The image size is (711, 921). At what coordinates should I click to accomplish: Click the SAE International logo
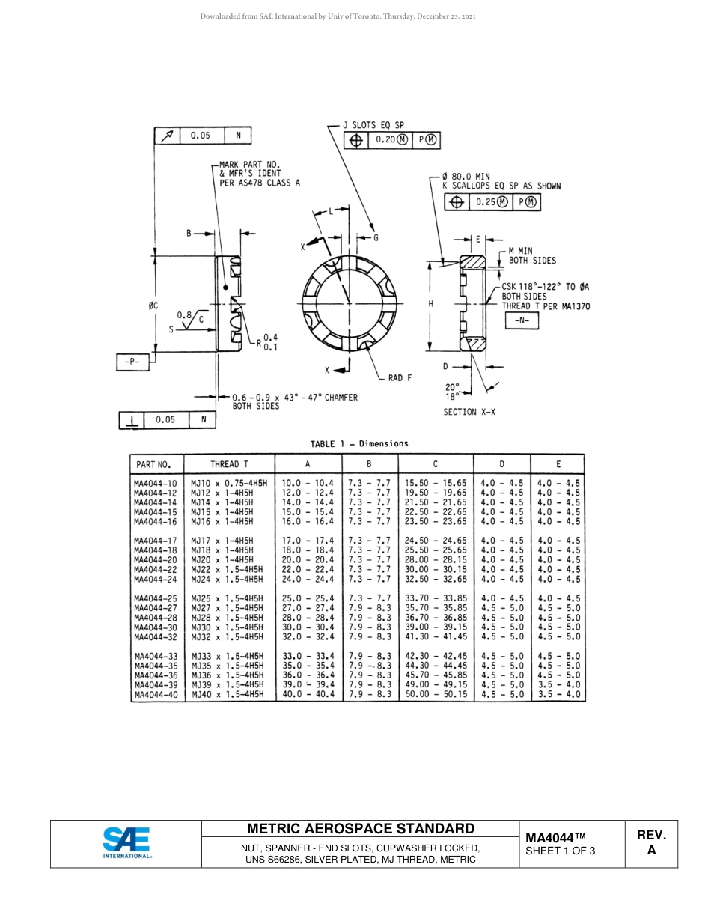point(127,843)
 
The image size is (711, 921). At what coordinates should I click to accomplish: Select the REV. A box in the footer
point(650,843)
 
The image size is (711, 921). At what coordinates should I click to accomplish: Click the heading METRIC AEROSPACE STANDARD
point(361,829)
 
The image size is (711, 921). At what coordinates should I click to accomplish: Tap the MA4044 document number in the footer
point(555,836)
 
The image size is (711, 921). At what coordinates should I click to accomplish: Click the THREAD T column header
point(229,464)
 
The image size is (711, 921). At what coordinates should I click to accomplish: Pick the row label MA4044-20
point(156,560)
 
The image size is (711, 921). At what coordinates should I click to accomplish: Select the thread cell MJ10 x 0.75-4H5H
point(229,484)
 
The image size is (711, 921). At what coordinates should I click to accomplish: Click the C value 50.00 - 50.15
point(436,695)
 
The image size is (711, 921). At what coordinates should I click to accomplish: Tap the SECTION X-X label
point(469,413)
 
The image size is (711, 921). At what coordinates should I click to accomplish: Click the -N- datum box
point(522,320)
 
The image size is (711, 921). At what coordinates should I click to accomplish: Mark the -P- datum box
point(133,362)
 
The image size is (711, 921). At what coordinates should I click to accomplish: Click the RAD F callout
point(400,378)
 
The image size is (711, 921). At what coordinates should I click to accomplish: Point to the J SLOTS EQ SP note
point(373,125)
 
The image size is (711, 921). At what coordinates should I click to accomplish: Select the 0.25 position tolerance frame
point(492,202)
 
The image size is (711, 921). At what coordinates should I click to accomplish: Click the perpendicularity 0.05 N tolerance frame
point(168,420)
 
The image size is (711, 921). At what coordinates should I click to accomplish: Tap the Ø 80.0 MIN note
point(466,176)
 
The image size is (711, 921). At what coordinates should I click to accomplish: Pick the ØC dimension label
point(153,305)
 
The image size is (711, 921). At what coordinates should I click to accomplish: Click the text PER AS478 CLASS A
point(260,183)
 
